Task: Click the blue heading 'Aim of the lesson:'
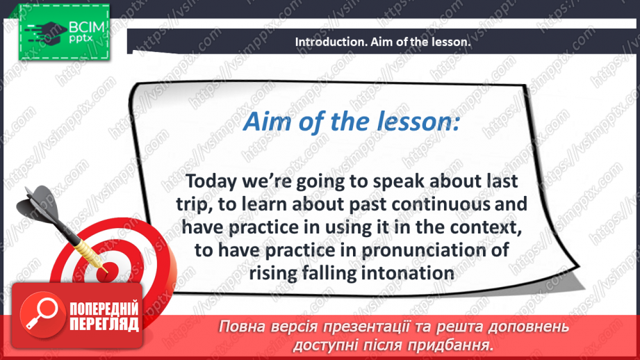pyautogui.click(x=351, y=121)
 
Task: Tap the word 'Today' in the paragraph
pyautogui.click(x=211, y=181)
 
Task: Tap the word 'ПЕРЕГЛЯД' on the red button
pyautogui.click(x=104, y=325)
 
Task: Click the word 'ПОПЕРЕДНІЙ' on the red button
pyautogui.click(x=104, y=309)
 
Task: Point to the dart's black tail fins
pyautogui.click(x=39, y=203)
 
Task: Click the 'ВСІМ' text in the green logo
pyautogui.click(x=86, y=28)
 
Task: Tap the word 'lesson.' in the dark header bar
pyautogui.click(x=452, y=42)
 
